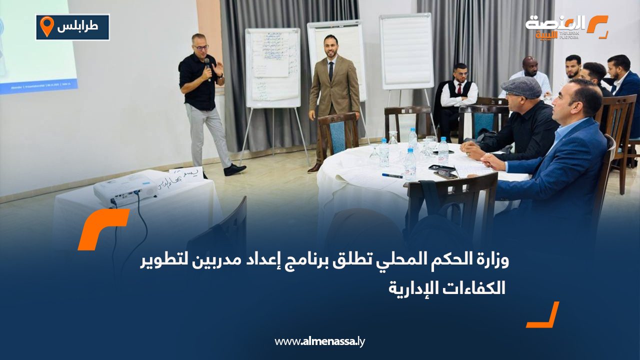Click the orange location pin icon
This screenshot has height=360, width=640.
coord(46,26)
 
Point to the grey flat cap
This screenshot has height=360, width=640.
coord(521,87)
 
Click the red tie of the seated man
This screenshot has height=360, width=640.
coord(459,88)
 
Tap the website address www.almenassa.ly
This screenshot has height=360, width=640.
coord(320,341)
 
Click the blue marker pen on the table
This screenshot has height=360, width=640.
coord(392,175)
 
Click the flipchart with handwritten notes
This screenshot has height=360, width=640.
coord(272,67)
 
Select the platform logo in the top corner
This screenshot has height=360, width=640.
coord(566,27)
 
